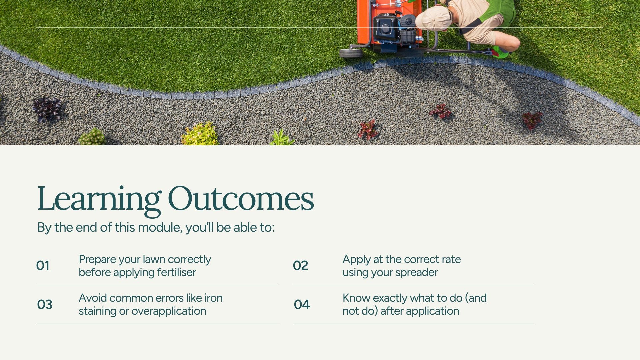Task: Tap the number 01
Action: pyautogui.click(x=43, y=266)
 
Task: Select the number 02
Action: pyautogui.click(x=300, y=266)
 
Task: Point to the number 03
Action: pyautogui.click(x=45, y=304)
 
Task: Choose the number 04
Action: pyautogui.click(x=302, y=304)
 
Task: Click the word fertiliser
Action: pyautogui.click(x=176, y=272)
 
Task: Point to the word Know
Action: pyautogui.click(x=356, y=298)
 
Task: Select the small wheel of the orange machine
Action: pyautogui.click(x=351, y=53)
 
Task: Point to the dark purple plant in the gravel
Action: pyautogui.click(x=47, y=109)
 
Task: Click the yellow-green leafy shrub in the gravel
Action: pyautogui.click(x=199, y=134)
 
